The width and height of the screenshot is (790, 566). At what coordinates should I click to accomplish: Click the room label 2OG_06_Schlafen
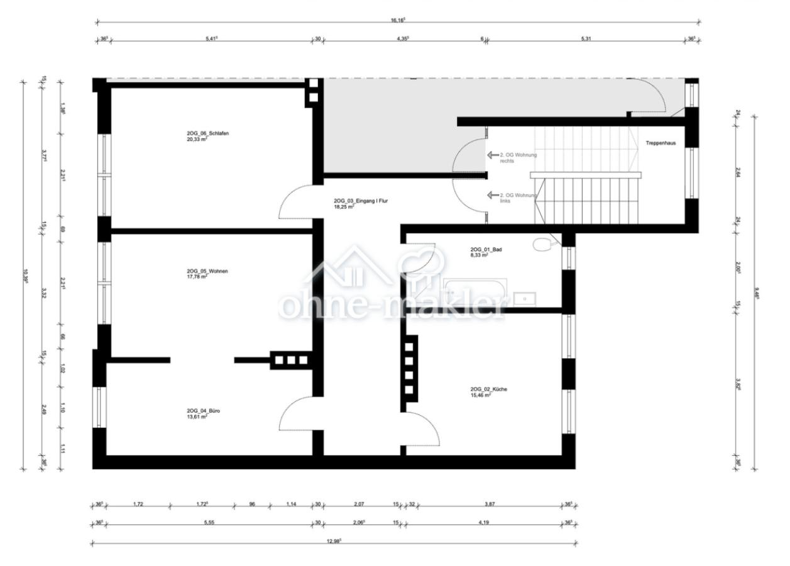coord(203,134)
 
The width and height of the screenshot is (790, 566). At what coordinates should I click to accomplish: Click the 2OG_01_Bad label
coord(485,250)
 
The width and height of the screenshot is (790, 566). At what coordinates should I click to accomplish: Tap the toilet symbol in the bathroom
coord(541,243)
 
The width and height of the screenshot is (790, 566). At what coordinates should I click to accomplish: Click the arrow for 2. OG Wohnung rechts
coord(492,155)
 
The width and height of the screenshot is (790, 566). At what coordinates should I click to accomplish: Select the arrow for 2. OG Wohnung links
coord(492,195)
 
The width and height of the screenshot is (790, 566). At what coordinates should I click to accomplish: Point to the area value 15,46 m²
coord(481,396)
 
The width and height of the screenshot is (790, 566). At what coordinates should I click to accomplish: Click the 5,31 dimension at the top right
coord(586,38)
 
